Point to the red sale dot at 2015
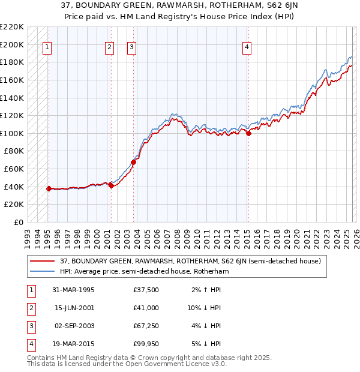click(x=248, y=133)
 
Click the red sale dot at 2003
click(x=134, y=162)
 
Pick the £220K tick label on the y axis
click(x=12, y=27)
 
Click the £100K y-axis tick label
click(x=12, y=133)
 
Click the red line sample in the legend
click(x=44, y=261)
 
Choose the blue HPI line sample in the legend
click(x=44, y=271)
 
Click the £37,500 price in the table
click(x=146, y=290)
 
